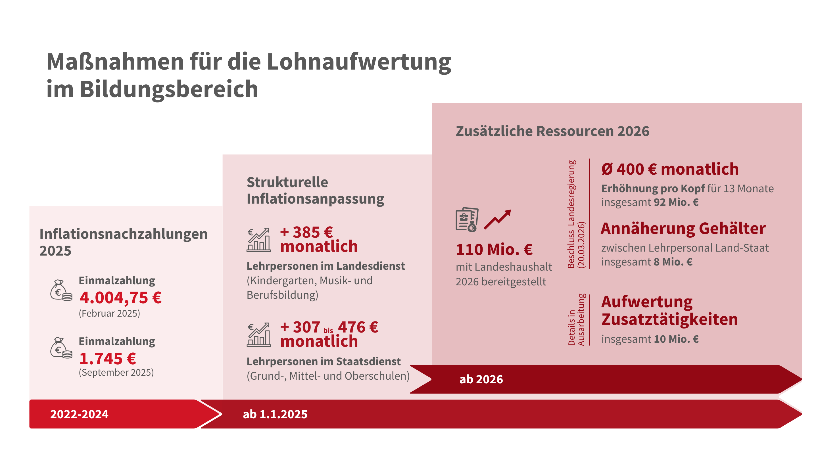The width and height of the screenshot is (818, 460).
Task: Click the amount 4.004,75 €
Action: pyautogui.click(x=120, y=298)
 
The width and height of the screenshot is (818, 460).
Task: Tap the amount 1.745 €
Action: pyautogui.click(x=108, y=359)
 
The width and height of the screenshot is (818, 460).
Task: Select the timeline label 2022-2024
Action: pyautogui.click(x=80, y=414)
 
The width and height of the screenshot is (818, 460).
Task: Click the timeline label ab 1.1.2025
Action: pyautogui.click(x=275, y=414)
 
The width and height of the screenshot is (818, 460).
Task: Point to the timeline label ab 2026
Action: pyautogui.click(x=481, y=379)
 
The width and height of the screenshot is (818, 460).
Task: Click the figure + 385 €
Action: pyautogui.click(x=306, y=232)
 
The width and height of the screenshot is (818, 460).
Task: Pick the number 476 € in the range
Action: pyautogui.click(x=358, y=327)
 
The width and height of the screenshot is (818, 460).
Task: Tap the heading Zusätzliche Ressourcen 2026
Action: pyautogui.click(x=552, y=131)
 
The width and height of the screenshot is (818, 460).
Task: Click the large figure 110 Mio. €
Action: pyautogui.click(x=494, y=249)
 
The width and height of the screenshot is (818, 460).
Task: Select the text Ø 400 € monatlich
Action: pyautogui.click(x=670, y=169)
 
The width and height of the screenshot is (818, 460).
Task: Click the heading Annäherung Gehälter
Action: pyautogui.click(x=683, y=229)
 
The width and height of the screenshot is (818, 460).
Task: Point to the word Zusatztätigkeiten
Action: pyautogui.click(x=669, y=319)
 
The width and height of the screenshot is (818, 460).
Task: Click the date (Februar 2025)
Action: pyautogui.click(x=109, y=313)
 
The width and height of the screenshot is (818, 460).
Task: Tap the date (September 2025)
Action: pyautogui.click(x=116, y=372)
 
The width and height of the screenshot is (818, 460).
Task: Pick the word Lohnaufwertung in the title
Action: pyautogui.click(x=359, y=62)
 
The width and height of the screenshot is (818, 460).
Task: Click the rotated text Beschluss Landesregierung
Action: pyautogui.click(x=571, y=214)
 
